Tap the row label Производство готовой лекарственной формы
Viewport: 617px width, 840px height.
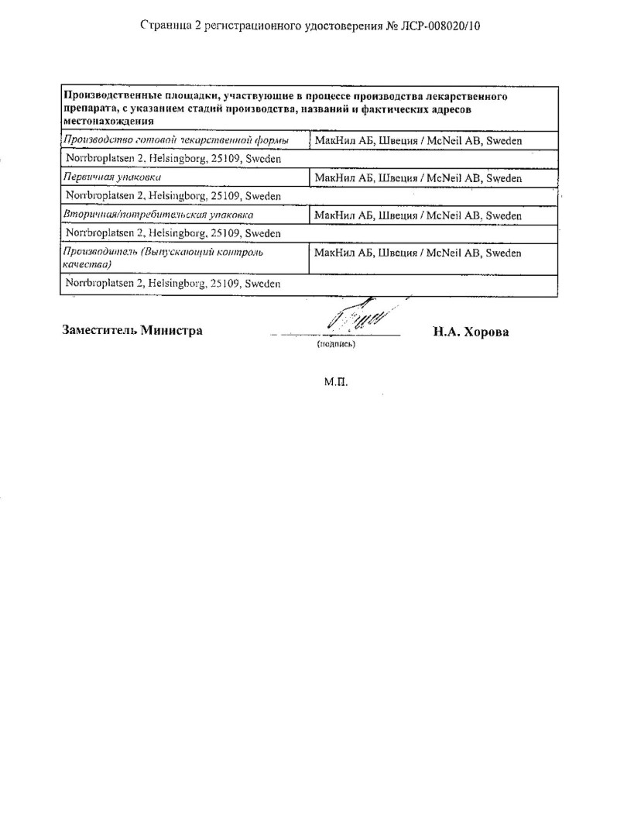(x=176, y=140)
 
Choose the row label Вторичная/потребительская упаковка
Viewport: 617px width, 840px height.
(x=158, y=215)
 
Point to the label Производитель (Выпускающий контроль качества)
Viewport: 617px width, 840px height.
(x=162, y=258)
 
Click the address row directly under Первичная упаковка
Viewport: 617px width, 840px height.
(x=173, y=196)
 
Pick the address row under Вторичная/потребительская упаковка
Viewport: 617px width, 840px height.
(x=173, y=233)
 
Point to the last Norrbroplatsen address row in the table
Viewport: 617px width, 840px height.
(x=173, y=284)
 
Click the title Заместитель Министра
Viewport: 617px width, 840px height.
(x=132, y=330)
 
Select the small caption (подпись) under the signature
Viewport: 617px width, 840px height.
(x=336, y=344)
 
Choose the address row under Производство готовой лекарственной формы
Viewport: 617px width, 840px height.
(x=173, y=159)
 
